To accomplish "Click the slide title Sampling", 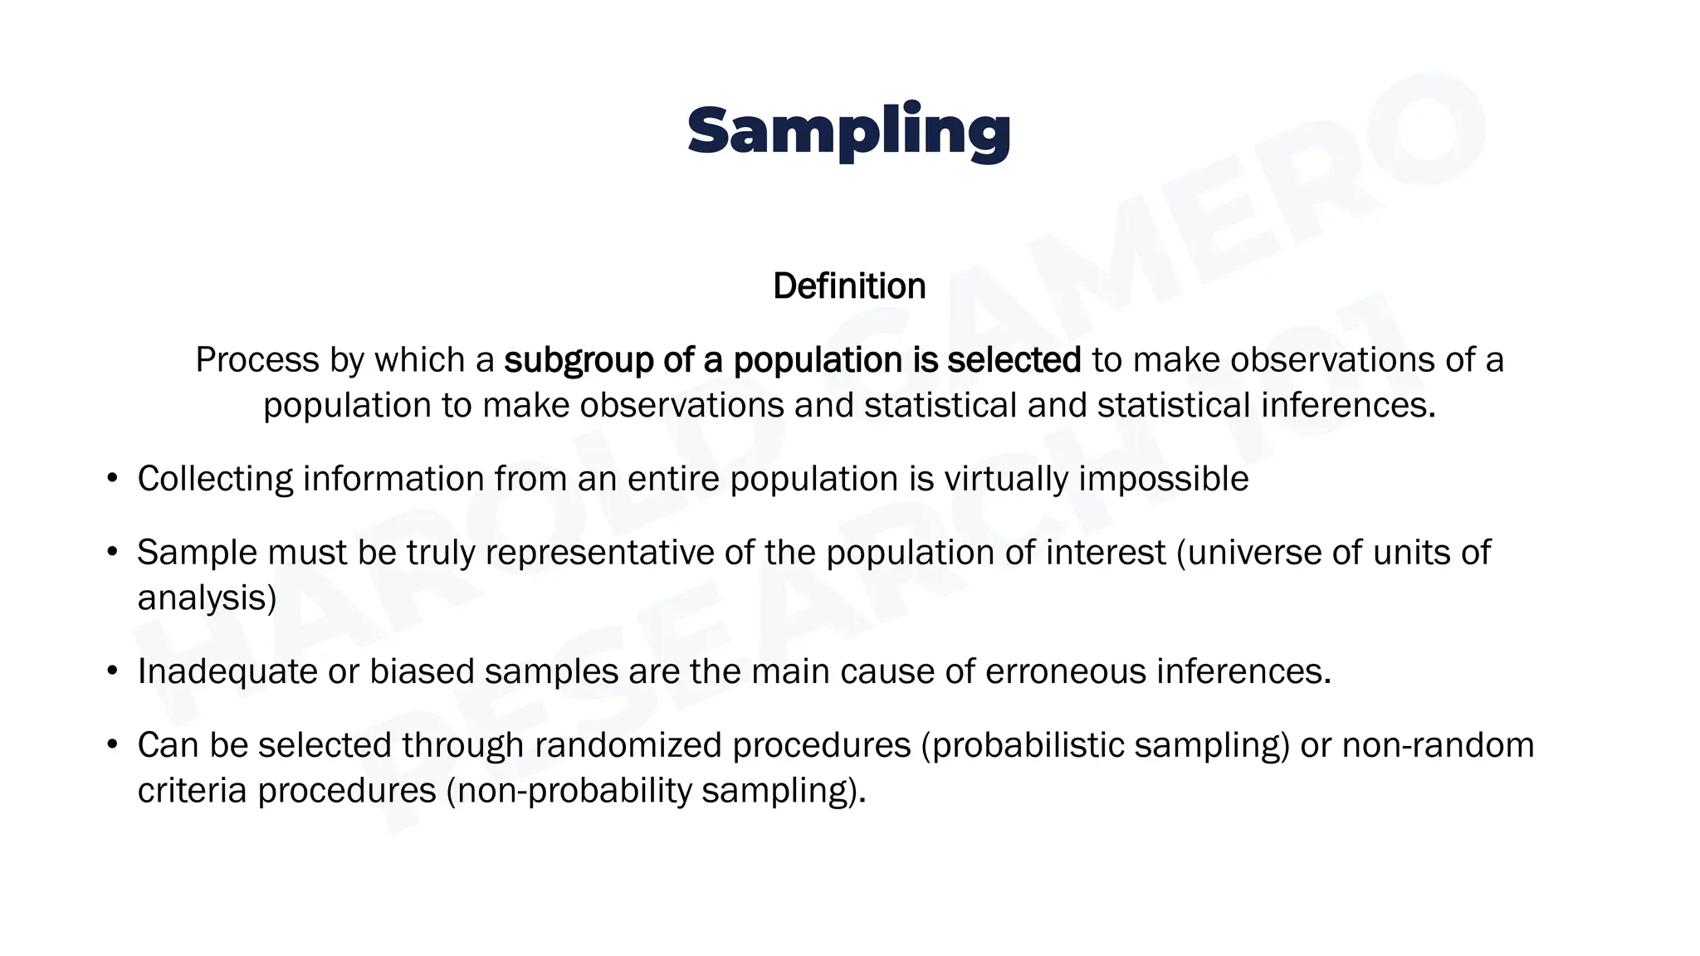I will click(x=848, y=131).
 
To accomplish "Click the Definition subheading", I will click(x=849, y=286).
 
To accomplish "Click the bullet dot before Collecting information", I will click(x=113, y=479).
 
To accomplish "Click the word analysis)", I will click(x=207, y=597).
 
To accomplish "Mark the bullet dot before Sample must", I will click(x=113, y=553).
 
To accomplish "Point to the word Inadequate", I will click(x=227, y=671).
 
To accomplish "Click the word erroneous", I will click(x=1065, y=671).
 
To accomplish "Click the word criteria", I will click(x=192, y=790).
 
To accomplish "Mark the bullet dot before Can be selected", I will click(x=113, y=745).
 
